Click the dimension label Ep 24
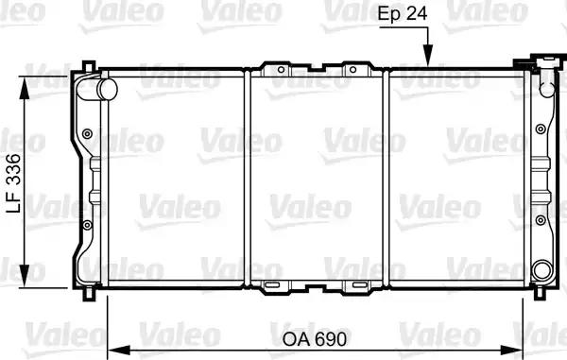click(403, 14)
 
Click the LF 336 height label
click(14, 183)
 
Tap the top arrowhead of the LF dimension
click(25, 88)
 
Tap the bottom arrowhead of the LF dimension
click(25, 276)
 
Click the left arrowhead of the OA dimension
click(119, 350)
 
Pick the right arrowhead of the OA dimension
click(511, 350)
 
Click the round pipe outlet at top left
click(108, 89)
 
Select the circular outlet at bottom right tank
click(542, 269)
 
